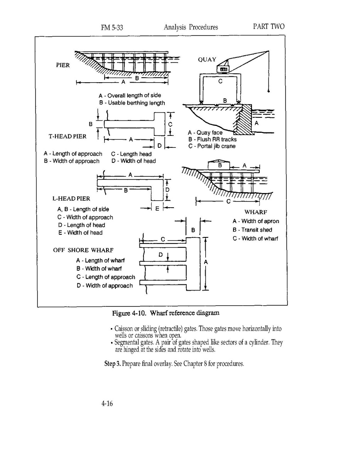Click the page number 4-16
coord(107,404)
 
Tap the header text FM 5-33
coord(112,27)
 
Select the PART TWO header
coord(269,27)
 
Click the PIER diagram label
coord(63,65)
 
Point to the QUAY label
coord(207,60)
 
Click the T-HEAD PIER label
coord(68,136)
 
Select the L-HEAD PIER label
coord(71,198)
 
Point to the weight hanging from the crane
coord(269,92)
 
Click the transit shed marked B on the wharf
coord(220,165)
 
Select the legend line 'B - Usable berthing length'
coord(132,103)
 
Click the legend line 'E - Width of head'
coord(80,233)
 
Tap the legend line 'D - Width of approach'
coord(105,286)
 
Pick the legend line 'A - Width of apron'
coord(255,221)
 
